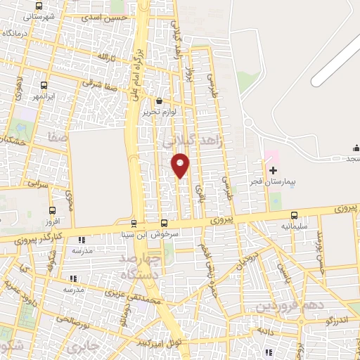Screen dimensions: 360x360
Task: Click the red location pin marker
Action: (x=181, y=165)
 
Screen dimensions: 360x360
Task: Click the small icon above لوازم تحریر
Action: (x=159, y=101)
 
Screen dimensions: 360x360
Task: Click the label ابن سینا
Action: (x=133, y=234)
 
